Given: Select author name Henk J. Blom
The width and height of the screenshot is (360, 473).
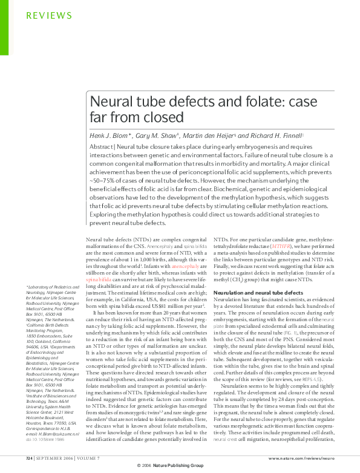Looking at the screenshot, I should pos(110,136).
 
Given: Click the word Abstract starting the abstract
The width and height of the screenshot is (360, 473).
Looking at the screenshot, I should pos(100,146).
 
